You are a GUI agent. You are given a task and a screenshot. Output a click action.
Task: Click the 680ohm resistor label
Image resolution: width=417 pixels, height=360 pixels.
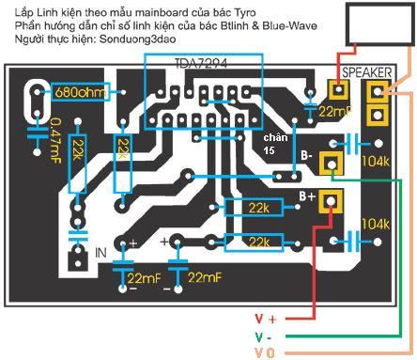pos(81,92)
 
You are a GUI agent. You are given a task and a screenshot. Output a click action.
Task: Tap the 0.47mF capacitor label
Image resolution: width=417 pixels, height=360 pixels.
pos(55,141)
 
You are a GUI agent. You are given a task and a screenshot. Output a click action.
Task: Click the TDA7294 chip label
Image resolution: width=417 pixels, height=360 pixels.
pos(201,64)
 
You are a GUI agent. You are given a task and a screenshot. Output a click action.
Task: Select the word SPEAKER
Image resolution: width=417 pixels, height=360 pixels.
pos(366,72)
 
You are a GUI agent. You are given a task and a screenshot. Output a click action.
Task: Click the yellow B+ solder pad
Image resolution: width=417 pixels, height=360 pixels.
pos(331,201)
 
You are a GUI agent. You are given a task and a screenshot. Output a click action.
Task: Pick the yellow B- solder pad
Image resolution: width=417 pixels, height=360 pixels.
pos(331,164)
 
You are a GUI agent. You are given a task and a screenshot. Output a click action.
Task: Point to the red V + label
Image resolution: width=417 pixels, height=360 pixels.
pos(266,319)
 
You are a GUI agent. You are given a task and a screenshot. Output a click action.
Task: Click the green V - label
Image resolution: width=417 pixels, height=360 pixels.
pos(263,337)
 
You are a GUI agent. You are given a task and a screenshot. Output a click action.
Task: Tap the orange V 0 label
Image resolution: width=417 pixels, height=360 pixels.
pos(265,353)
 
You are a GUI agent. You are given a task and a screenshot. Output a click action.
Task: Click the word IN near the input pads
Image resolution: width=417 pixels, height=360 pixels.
pos(100,253)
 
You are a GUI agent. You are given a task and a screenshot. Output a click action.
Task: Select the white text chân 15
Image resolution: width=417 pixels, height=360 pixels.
pos(275,144)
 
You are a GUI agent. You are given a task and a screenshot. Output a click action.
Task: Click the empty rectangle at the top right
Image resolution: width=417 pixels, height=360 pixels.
pos(380,24)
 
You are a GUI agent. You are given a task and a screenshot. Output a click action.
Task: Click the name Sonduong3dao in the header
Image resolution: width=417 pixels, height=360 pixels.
pos(137,39)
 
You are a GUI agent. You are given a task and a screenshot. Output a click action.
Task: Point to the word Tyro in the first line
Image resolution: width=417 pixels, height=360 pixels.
pos(245,13)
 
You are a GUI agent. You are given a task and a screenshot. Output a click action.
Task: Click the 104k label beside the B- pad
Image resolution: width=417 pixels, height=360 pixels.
pos(376,161)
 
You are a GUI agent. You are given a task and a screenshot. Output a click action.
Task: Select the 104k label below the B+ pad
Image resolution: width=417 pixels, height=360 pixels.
pos(376,224)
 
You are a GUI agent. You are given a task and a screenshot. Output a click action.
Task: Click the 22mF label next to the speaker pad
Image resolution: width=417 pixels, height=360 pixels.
pos(335,112)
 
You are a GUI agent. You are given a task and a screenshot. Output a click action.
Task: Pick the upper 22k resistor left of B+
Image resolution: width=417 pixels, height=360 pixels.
pos(254,208)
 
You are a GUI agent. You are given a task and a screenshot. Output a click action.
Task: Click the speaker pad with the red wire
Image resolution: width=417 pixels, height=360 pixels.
pos(338,90)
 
